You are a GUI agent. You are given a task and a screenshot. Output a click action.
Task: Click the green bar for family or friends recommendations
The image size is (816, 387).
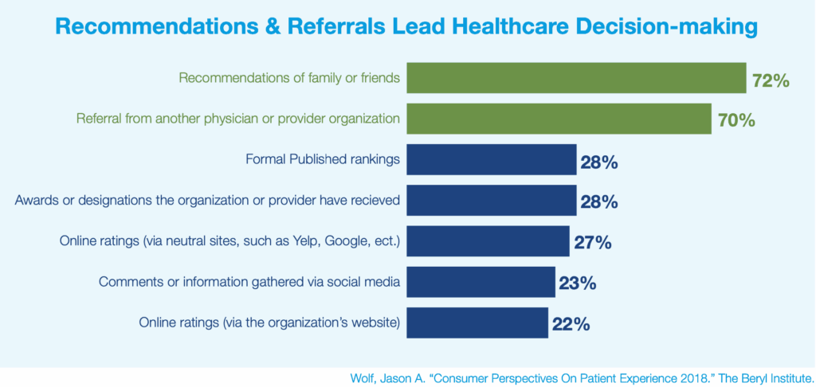tap(576, 79)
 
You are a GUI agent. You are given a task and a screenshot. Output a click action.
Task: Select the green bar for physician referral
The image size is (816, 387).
tap(559, 119)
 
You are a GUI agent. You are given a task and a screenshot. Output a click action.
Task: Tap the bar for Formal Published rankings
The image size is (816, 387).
tap(492, 160)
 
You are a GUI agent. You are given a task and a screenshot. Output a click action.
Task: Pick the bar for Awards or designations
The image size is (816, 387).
tap(492, 200)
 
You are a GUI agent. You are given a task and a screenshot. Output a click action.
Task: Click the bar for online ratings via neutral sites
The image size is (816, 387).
tap(488, 241)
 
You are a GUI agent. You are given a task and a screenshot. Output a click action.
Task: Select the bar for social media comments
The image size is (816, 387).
tap(481, 282)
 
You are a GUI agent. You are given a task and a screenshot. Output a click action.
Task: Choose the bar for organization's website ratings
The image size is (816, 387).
tap(477, 322)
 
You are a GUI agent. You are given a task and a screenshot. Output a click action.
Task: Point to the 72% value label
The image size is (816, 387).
tap(770, 80)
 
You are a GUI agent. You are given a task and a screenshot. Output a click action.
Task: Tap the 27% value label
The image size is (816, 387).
tap(592, 243)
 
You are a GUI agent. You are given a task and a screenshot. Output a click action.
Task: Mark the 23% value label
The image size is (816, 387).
tap(578, 283)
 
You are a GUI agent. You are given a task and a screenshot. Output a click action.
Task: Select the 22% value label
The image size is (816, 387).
tap(571, 324)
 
